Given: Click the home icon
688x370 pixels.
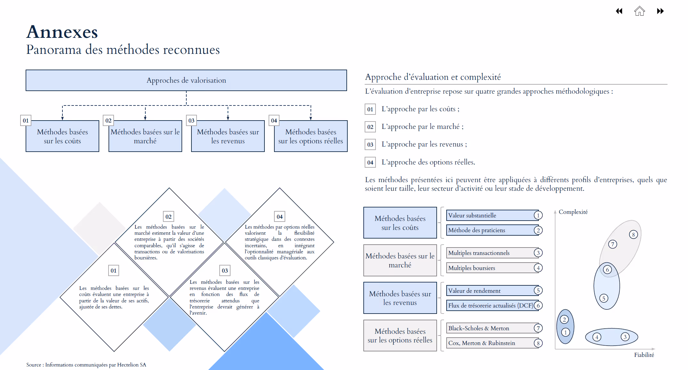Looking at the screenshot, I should [639, 11].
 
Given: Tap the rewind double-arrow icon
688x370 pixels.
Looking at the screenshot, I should [619, 11].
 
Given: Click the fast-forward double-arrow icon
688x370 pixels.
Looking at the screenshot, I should [660, 11].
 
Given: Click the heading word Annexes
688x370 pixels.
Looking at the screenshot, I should [62, 32].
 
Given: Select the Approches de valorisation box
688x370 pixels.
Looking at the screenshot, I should [186, 80].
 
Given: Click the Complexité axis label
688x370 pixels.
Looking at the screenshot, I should [573, 212].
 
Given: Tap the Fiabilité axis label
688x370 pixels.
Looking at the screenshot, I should [644, 355].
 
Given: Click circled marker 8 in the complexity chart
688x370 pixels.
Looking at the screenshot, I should [633, 234].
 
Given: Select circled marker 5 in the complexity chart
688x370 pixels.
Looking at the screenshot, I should [603, 299].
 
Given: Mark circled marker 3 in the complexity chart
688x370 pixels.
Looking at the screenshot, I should [625, 337].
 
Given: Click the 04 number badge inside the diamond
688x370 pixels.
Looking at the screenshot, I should [279, 217].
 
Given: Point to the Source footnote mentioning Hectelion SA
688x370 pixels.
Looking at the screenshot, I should [86, 365].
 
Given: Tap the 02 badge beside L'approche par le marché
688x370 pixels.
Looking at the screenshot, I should [370, 127].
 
